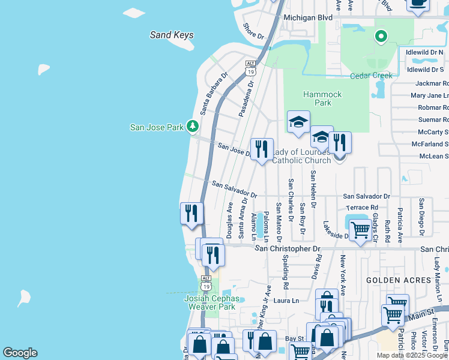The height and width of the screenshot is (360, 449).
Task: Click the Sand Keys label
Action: [x=172, y=35]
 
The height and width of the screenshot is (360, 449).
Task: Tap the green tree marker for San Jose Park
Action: [x=192, y=126]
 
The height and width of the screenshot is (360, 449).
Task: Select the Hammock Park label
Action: [x=322, y=98]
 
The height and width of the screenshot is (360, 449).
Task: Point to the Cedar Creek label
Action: [x=371, y=76]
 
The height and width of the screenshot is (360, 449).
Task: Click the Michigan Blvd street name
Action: [x=308, y=18]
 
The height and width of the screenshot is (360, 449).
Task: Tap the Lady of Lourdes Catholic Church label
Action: [x=301, y=156]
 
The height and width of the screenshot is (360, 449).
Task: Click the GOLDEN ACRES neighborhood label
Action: [x=393, y=280]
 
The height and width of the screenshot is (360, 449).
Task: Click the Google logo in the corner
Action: [x=20, y=353]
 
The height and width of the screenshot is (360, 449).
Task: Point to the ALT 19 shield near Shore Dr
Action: [x=251, y=68]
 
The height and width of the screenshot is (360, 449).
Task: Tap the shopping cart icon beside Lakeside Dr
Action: [x=360, y=229]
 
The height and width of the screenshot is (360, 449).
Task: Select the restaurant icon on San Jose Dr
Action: [x=262, y=148]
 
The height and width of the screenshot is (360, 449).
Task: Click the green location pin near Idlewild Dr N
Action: [x=381, y=37]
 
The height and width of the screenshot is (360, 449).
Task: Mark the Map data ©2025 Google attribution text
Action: [x=412, y=355]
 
